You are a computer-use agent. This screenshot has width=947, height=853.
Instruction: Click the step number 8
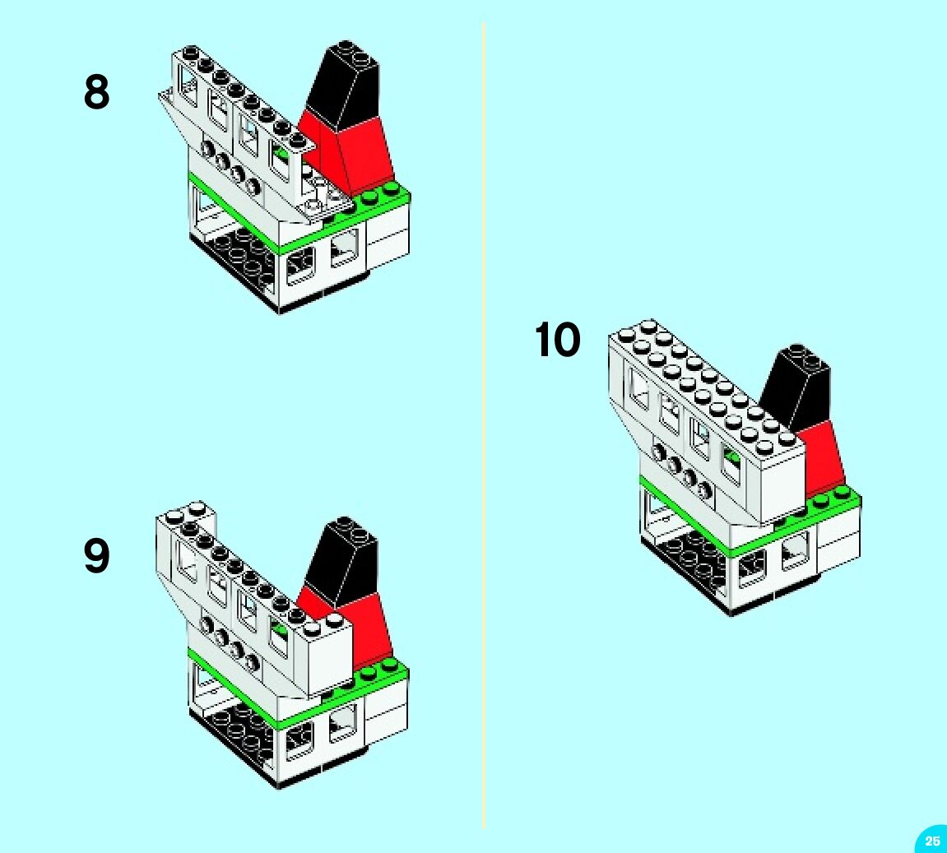coord(96,92)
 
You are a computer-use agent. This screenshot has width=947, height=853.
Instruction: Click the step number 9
coord(96,556)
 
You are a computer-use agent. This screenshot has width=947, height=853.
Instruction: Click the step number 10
coord(558,340)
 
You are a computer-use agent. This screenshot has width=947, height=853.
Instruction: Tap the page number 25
coord(931,841)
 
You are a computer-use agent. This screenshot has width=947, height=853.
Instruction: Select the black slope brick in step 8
coord(346,82)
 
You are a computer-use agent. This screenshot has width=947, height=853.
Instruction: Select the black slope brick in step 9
coord(344,559)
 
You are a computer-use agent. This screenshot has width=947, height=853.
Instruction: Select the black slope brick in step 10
coord(796,387)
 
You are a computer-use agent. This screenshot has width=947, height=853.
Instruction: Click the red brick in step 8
coord(362,152)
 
